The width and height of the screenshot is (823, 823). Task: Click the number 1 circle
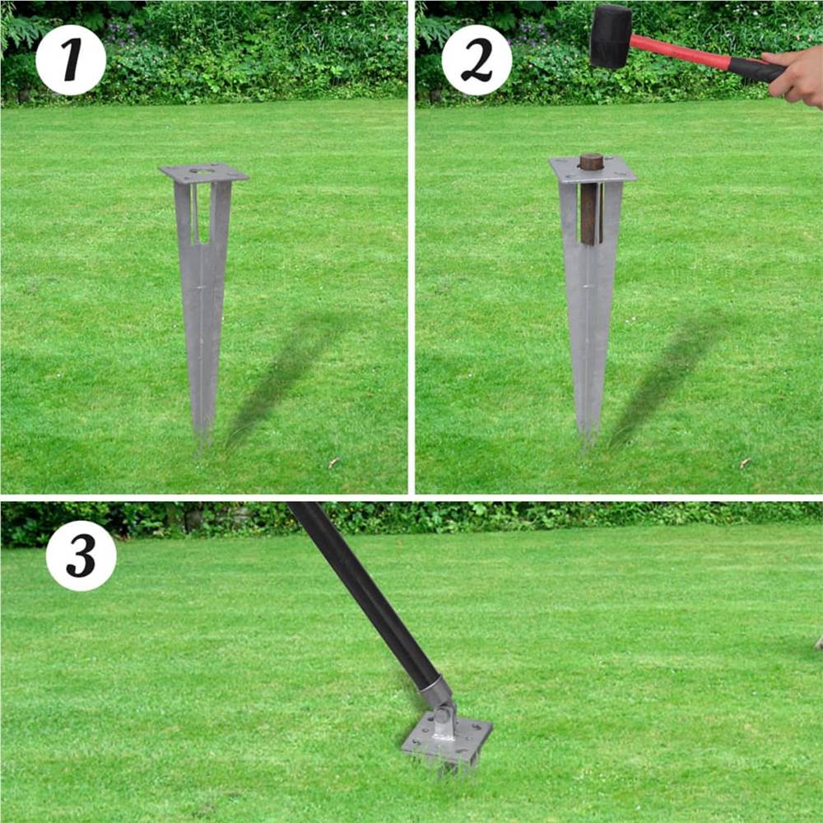[71, 60]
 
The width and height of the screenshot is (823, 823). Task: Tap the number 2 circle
[477, 60]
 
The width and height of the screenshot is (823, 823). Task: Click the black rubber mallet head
[610, 36]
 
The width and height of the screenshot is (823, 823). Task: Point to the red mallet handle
[679, 52]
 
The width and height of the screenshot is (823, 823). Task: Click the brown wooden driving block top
[591, 160]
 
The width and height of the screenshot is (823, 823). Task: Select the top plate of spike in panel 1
[203, 174]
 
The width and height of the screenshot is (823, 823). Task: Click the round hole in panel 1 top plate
[198, 172]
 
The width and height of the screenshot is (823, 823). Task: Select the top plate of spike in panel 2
[593, 171]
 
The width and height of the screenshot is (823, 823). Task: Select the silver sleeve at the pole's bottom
[435, 688]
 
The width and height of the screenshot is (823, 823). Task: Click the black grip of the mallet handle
[756, 69]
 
